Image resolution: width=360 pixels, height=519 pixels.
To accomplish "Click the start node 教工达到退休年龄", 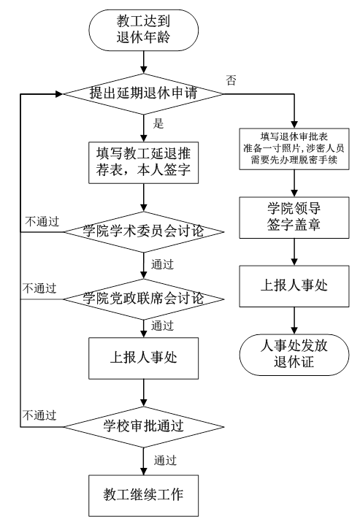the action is point(143,30).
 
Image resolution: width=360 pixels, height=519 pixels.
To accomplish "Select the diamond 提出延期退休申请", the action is point(143,94).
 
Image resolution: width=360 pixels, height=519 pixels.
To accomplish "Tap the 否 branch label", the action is point(231,80).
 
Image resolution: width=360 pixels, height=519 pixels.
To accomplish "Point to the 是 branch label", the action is point(158,123).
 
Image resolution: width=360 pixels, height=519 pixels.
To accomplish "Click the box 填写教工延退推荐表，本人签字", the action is point(143,163).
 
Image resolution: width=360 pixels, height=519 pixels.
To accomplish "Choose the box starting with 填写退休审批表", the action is point(294,149).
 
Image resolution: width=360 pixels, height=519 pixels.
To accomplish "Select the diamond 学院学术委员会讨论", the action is point(143,231).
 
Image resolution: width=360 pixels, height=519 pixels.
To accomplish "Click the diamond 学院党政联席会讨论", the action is point(143,299).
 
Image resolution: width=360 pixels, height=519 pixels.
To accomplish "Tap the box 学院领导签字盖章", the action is point(294,218).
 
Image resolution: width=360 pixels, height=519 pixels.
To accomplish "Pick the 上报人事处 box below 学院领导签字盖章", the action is point(294,286).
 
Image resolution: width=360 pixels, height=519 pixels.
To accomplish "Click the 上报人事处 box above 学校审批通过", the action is point(143,358).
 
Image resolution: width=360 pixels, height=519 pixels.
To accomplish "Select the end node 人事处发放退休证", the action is point(294,355).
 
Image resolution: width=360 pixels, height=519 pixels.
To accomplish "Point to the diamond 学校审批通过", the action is point(143,426).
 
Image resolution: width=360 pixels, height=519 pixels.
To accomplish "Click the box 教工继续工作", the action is point(143,496).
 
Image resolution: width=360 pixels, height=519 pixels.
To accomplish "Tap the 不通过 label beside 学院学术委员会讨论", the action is point(42,221).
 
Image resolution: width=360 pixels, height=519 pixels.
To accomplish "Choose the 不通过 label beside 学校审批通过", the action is point(39,415).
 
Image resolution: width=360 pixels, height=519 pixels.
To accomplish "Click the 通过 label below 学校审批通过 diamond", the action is point(165,460).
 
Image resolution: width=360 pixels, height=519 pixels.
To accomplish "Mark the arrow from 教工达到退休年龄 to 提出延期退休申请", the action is point(143,62).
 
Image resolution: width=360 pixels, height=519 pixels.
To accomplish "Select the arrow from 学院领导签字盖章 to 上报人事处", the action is point(294,252).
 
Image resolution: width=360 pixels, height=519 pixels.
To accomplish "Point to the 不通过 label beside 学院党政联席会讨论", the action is point(39,288).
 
